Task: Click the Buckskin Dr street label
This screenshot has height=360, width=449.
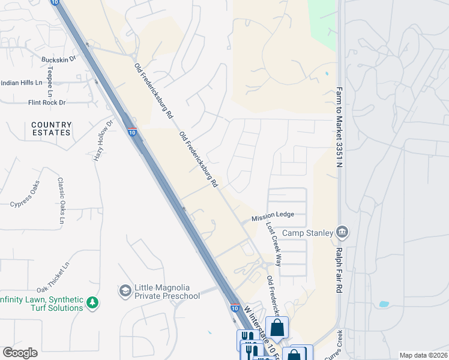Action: tap(59, 59)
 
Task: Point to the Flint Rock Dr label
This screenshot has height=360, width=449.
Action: tap(47, 103)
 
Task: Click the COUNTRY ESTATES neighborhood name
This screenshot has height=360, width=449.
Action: tap(52, 128)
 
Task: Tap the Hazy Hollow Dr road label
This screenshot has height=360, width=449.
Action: tap(102, 140)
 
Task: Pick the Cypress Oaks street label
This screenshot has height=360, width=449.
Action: tap(25, 194)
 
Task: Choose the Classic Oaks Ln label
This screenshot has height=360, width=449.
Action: tap(61, 200)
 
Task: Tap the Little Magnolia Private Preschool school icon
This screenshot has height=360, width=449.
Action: tap(125, 291)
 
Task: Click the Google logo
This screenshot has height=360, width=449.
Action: tap(20, 353)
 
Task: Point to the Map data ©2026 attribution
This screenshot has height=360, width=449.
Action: tap(424, 355)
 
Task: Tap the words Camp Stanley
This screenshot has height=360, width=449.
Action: tap(307, 233)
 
